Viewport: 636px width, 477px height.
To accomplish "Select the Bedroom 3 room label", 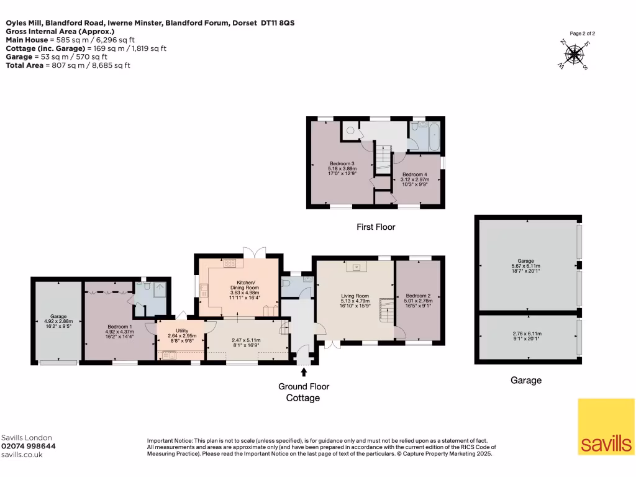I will (x=342, y=163).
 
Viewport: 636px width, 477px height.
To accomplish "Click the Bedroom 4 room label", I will (x=414, y=175).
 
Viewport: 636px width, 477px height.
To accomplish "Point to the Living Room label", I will (x=355, y=296).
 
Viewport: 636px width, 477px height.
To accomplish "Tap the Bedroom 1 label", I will (x=119, y=327).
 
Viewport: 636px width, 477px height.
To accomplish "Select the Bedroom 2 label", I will (x=418, y=296).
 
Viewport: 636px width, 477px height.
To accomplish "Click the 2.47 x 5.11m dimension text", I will (x=246, y=340).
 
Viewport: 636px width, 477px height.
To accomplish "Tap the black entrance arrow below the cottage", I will (x=304, y=372).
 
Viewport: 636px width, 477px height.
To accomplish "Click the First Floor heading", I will (x=376, y=227).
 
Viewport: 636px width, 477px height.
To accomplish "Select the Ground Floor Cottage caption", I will (x=303, y=392).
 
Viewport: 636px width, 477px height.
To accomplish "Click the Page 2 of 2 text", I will (x=586, y=34).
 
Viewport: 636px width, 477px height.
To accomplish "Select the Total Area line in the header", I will (x=68, y=65).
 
